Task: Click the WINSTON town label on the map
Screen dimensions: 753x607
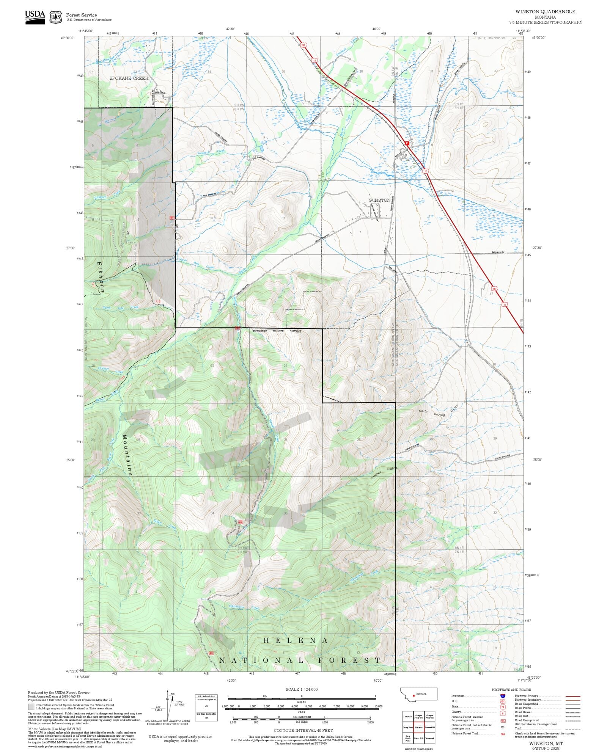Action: point(379,200)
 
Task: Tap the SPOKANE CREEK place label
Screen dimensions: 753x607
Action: point(129,78)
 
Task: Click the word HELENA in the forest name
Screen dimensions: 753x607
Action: point(296,640)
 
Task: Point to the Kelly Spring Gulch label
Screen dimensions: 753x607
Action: point(439,411)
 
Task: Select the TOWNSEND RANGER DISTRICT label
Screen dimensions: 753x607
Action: point(277,331)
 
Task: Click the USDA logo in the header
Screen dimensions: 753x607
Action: point(35,17)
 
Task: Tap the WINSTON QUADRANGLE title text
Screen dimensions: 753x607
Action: point(545,12)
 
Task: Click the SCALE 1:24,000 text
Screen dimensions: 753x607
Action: point(302,689)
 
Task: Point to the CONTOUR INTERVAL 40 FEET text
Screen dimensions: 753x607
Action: point(303,730)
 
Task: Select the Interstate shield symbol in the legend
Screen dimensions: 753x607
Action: point(503,696)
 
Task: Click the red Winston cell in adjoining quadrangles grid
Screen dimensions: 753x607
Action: point(418,728)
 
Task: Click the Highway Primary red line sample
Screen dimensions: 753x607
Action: point(573,696)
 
